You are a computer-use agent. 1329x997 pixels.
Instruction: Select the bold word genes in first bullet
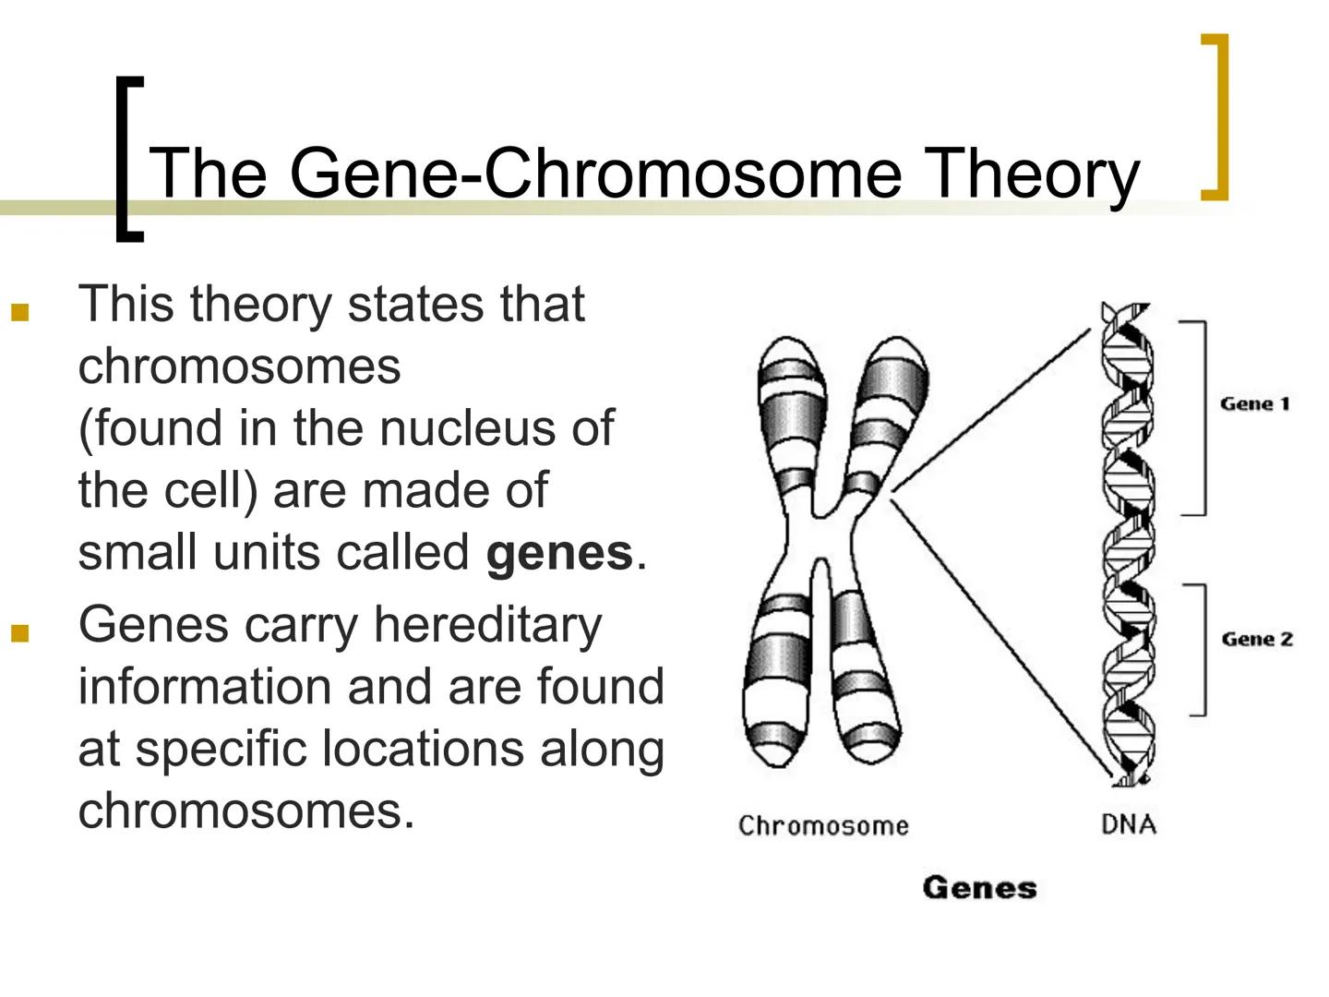click(x=559, y=553)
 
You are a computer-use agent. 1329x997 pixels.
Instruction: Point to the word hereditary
click(x=487, y=625)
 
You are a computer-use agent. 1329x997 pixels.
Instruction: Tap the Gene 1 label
click(x=1254, y=403)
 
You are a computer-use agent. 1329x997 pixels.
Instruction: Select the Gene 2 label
click(x=1256, y=639)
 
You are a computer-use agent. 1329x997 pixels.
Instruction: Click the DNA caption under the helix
click(x=1128, y=823)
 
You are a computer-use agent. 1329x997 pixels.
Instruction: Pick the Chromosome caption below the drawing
click(x=823, y=825)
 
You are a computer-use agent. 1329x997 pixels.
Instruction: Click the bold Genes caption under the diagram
click(x=979, y=888)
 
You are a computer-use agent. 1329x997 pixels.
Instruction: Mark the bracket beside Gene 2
click(x=1200, y=649)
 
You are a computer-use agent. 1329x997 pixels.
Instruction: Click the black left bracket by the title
click(x=127, y=159)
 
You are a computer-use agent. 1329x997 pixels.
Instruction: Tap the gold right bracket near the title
click(x=1217, y=116)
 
